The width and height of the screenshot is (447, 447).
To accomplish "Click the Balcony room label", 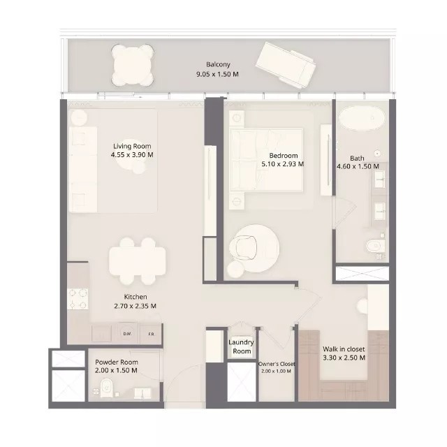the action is [x=218, y=65].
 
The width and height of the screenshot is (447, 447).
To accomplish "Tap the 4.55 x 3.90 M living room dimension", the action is [x=132, y=155].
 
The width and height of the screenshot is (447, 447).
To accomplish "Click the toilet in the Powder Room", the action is [x=107, y=388].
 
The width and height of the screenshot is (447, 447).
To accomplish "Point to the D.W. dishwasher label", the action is [x=127, y=334].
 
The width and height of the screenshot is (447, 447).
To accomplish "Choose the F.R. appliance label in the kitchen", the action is [x=151, y=334].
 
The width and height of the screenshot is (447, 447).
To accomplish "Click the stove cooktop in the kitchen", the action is [x=78, y=299].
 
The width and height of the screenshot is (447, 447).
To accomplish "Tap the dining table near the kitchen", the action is [x=137, y=261].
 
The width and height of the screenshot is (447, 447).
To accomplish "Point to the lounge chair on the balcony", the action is [x=286, y=65].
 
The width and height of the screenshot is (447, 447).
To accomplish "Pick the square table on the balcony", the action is [x=133, y=65].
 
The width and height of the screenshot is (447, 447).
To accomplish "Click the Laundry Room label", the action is [x=241, y=346].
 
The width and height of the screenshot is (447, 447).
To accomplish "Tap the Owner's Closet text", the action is [x=277, y=364].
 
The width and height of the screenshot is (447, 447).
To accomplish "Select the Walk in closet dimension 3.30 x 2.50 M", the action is [x=344, y=358].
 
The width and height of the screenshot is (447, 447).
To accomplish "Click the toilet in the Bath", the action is [x=376, y=246].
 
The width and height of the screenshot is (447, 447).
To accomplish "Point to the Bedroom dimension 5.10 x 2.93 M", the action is [x=283, y=164].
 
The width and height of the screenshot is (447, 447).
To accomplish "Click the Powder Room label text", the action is [x=117, y=362].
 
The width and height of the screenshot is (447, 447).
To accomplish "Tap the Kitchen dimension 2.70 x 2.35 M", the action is [x=135, y=306].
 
